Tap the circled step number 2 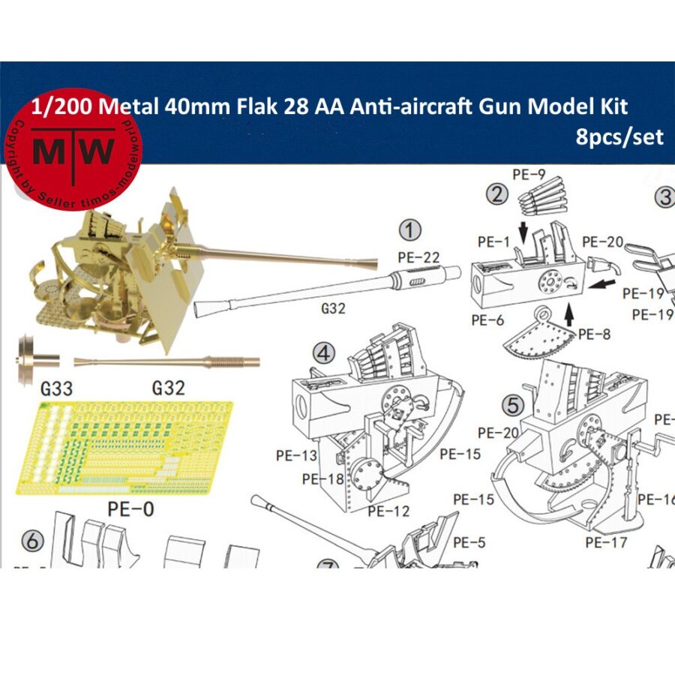496,196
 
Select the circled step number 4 323,352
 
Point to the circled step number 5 513,406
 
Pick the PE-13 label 296,455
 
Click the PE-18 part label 323,479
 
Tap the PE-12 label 388,511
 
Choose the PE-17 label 606,541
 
